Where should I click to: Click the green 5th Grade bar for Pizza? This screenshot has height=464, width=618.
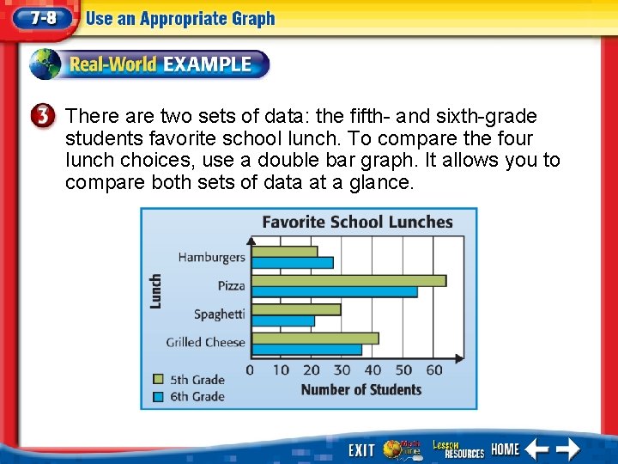click(x=348, y=280)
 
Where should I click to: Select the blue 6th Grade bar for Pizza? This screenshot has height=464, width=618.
click(x=335, y=292)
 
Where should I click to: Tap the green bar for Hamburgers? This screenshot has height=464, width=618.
click(x=284, y=252)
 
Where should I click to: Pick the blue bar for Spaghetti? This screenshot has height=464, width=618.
click(x=283, y=321)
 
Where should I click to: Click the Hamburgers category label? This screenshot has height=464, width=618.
click(x=211, y=257)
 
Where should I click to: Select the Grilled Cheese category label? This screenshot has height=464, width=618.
click(x=206, y=342)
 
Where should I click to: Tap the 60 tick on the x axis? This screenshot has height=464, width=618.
click(x=434, y=370)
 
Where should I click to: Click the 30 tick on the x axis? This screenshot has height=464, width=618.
click(x=342, y=370)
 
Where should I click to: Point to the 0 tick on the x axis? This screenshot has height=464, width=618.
click(x=250, y=370)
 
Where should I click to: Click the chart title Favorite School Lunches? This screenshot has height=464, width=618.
click(x=357, y=222)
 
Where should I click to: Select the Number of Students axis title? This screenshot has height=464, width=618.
click(x=360, y=389)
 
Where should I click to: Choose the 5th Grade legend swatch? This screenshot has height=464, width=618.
click(x=158, y=379)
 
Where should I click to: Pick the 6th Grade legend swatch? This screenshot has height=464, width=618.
click(x=158, y=396)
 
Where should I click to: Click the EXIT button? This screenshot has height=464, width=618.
click(x=361, y=449)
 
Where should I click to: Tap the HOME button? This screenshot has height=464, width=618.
click(x=506, y=449)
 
